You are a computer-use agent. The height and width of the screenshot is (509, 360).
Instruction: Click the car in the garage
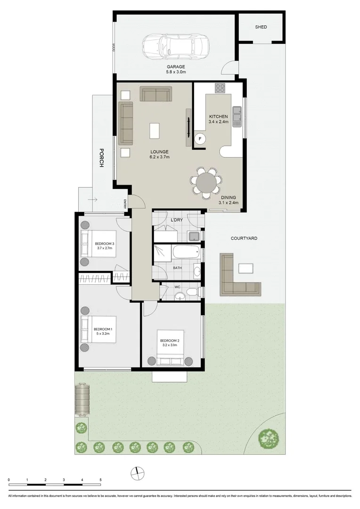[176, 46]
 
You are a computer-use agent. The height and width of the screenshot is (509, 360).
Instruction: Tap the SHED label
[261, 27]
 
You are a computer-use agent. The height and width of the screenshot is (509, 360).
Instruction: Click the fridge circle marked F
[200, 139]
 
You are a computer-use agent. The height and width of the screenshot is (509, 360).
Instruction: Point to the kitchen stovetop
[221, 88]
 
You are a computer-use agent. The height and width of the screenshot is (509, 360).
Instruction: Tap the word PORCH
[101, 158]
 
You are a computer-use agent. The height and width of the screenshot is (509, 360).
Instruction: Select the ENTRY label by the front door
[125, 204]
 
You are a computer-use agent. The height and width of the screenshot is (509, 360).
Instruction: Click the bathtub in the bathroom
[187, 251]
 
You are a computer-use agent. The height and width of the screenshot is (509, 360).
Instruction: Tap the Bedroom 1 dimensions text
[102, 334]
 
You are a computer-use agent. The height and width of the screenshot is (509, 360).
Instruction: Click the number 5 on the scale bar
[100, 480]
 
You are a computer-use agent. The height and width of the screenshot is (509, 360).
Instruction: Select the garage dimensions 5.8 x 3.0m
[176, 72]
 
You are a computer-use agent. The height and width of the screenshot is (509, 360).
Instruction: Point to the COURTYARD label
[244, 238]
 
